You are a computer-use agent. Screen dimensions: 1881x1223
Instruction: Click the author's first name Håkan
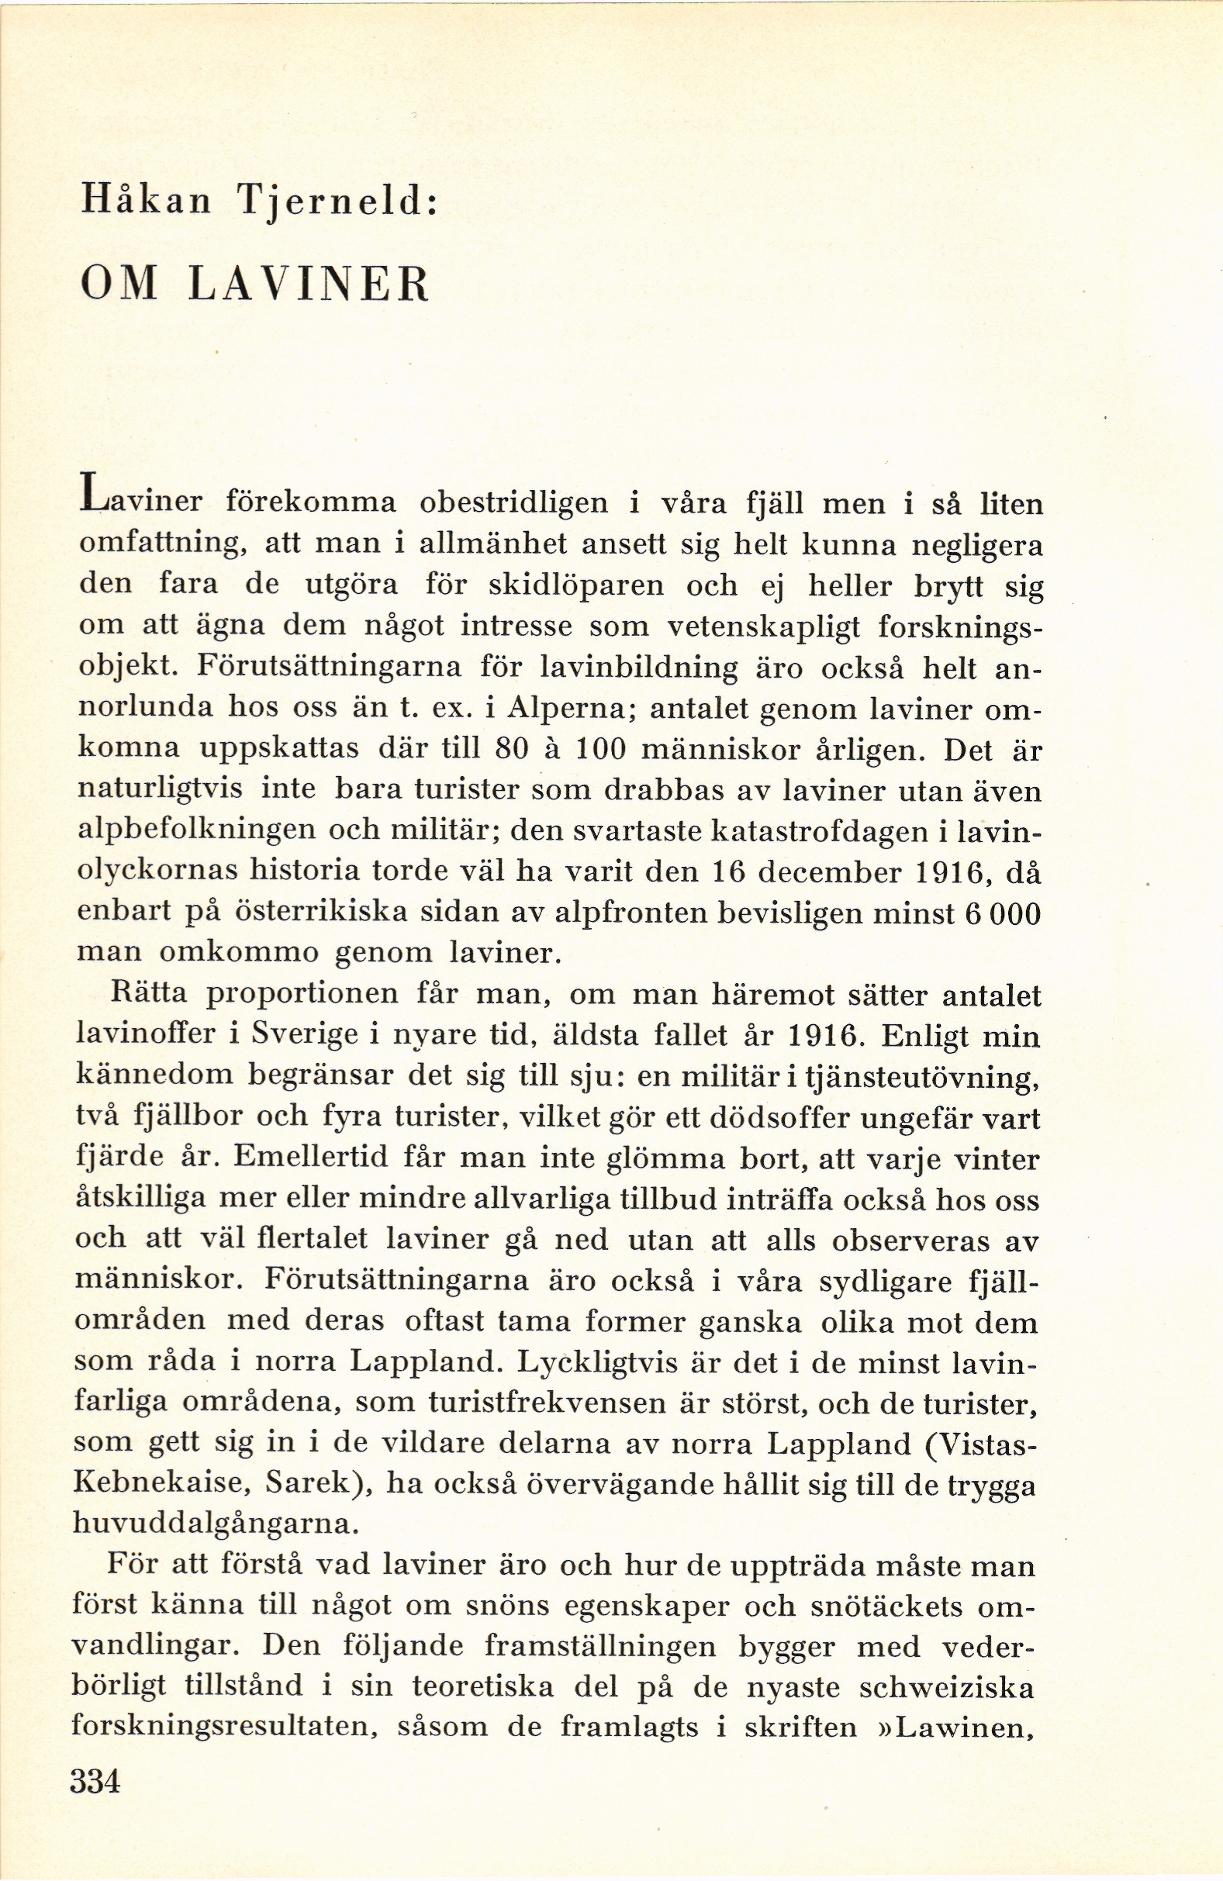(147, 202)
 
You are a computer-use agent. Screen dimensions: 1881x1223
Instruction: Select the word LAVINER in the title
(310, 285)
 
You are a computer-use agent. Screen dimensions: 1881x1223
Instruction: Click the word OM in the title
(120, 285)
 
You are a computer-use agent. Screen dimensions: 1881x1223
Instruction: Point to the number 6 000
(1004, 913)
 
